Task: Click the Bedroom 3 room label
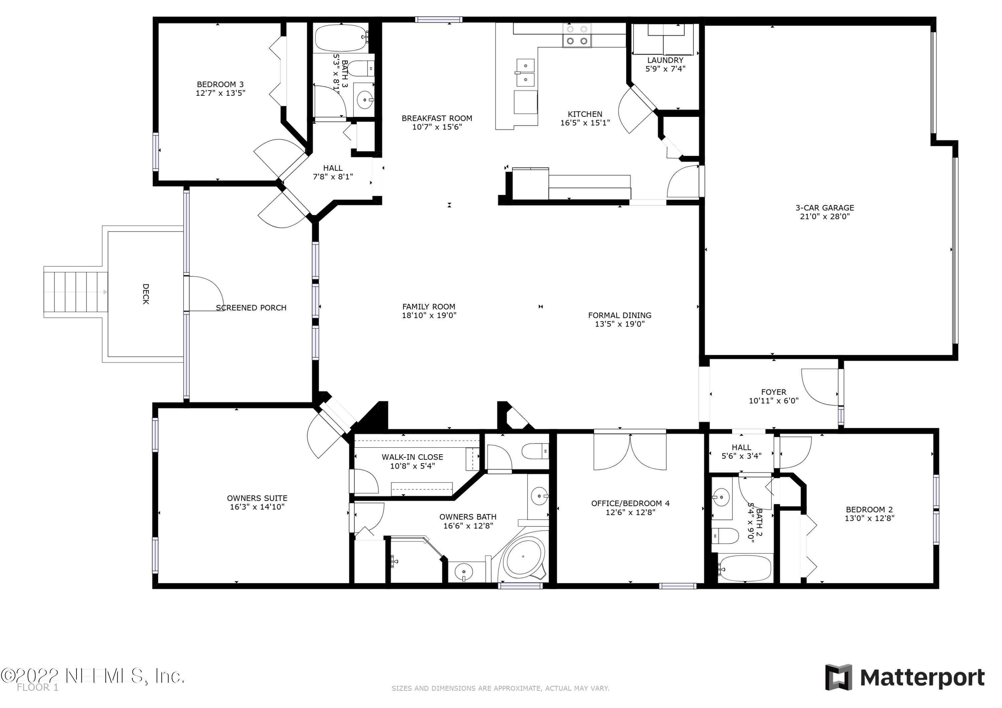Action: (x=220, y=84)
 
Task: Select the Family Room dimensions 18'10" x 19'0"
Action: (x=429, y=315)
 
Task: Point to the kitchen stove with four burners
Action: (x=576, y=35)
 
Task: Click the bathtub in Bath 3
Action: (x=341, y=38)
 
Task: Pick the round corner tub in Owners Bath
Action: (x=524, y=557)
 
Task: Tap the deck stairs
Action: (x=75, y=292)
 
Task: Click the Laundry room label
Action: (x=665, y=60)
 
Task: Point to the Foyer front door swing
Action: (x=820, y=387)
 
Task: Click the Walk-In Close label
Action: (x=412, y=457)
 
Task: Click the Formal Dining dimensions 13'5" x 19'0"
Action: (x=620, y=324)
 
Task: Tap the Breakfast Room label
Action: (x=437, y=118)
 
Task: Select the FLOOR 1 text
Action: (x=37, y=688)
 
